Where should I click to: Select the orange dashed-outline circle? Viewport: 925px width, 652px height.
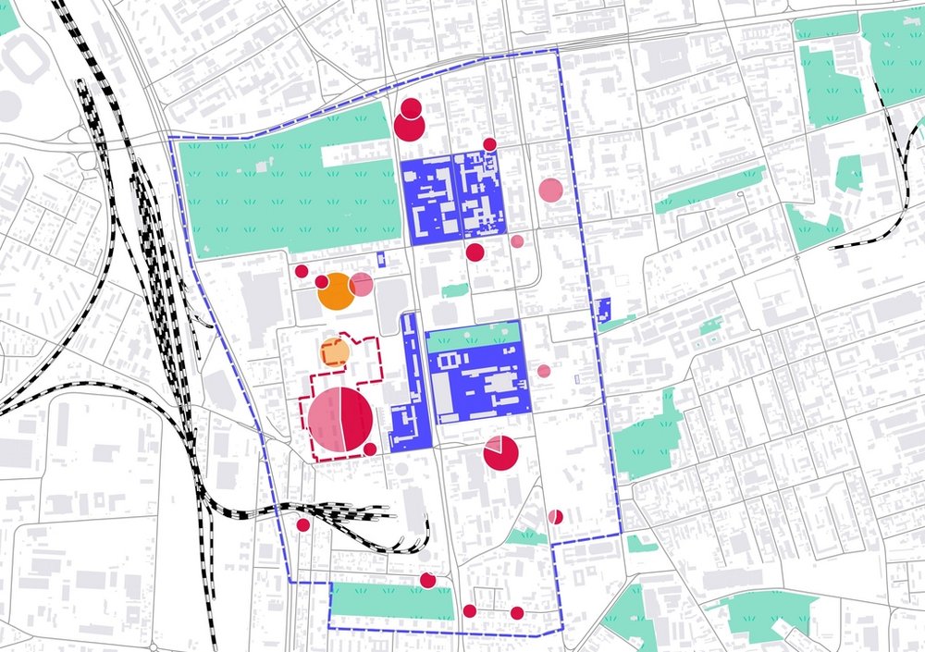tap(334, 352)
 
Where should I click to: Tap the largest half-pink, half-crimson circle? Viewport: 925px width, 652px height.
tap(340, 420)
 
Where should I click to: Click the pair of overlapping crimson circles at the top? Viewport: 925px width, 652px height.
tap(409, 121)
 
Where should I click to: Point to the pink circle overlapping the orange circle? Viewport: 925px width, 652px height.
tap(361, 284)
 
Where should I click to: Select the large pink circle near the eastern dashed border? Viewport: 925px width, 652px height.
tap(550, 190)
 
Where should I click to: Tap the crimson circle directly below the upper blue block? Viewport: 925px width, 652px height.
tap(475, 252)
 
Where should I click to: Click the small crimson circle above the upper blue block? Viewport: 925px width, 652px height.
tap(489, 143)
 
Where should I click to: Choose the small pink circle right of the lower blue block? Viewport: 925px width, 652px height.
tap(544, 371)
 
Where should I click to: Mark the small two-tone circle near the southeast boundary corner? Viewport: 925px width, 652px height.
tap(555, 516)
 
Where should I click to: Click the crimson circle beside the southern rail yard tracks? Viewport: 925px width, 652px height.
tap(302, 525)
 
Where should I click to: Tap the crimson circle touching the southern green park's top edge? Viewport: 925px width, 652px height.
tap(427, 580)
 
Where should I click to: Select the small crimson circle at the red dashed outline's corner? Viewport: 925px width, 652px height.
tap(370, 449)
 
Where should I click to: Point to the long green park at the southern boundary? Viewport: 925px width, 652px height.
tap(393, 602)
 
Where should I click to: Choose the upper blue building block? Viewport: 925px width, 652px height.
tap(452, 200)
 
